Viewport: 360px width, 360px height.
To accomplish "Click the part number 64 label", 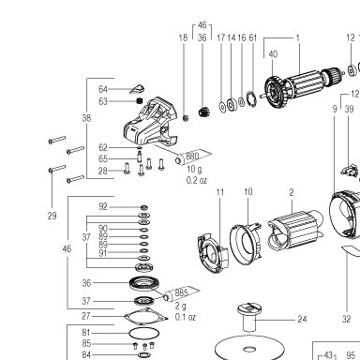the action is click(x=103, y=89).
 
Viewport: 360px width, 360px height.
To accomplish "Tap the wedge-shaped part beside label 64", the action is click(x=137, y=89).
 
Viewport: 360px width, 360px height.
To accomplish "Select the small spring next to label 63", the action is click(x=140, y=101).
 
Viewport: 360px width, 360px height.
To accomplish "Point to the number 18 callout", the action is click(x=183, y=37).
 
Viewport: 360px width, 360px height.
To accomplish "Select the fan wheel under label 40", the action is click(x=275, y=91).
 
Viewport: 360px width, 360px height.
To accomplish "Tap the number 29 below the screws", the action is click(x=52, y=216).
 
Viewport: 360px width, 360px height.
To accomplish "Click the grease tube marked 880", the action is click(x=193, y=157).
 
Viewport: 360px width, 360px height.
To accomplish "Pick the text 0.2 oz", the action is click(x=197, y=180).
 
